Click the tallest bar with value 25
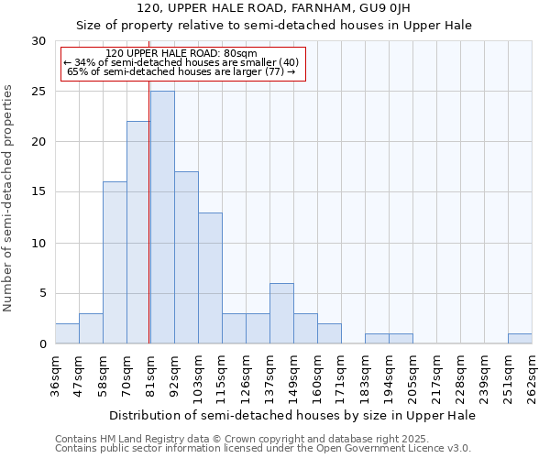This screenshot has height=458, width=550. point(162,217)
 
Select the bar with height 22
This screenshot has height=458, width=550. point(138,233)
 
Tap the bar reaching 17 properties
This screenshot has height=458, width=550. point(186,257)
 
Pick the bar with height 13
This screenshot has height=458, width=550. point(210,278)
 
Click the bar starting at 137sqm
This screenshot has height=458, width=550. point(281,313)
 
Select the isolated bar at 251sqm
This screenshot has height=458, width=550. point(520,338)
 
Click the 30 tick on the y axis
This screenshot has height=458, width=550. point(38,41)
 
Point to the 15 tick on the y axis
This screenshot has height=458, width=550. point(38,192)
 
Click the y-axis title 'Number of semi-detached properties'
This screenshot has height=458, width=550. point(8,198)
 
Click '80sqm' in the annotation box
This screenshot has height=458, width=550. point(246,54)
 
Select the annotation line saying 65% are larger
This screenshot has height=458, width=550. point(181,71)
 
